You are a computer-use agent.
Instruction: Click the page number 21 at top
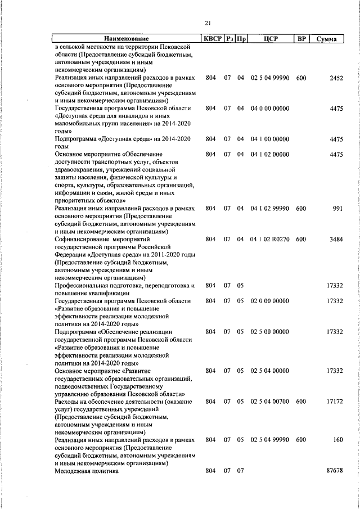click(208, 23)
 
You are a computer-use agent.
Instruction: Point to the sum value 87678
click(335, 471)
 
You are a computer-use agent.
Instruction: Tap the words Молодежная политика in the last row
click(87, 471)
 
